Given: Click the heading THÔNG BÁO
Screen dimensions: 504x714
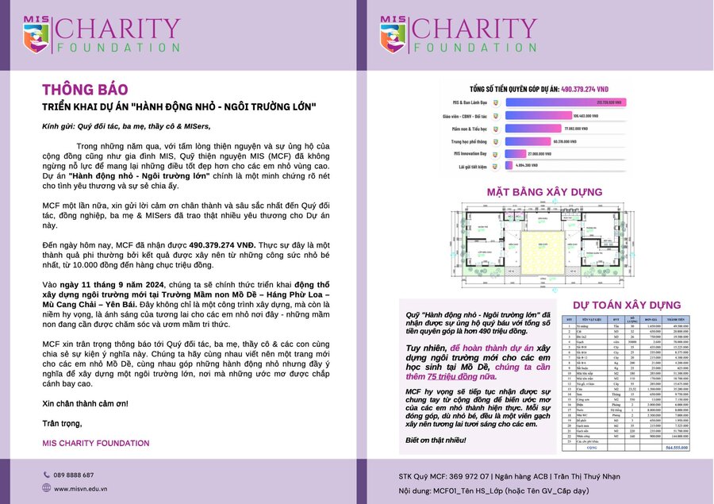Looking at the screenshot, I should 85,89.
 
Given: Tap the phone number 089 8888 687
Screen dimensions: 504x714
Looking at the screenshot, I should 74,475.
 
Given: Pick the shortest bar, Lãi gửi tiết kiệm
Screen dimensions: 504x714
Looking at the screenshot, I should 510,165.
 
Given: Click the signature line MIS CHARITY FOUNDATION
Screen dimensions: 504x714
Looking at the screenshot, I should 95,443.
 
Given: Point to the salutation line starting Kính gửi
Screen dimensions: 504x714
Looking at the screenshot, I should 126,126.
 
